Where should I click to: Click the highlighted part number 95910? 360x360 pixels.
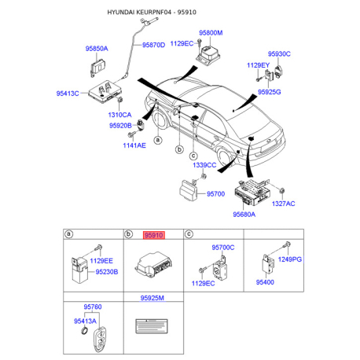[154, 235]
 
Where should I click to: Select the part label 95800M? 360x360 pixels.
[211, 33]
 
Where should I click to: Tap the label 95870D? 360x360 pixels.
[153, 45]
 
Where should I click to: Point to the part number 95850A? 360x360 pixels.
[97, 49]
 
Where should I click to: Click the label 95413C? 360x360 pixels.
[68, 94]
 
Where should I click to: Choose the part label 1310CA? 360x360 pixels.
[119, 115]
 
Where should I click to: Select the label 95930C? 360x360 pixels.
[279, 53]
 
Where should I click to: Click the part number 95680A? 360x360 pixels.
[244, 215]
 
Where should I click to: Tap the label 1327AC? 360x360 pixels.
[283, 204]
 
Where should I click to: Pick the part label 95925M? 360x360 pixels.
[152, 298]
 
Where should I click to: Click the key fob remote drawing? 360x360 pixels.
[100, 340]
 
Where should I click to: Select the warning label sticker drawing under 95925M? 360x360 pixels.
[152, 326]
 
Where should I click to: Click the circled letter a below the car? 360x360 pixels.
[157, 140]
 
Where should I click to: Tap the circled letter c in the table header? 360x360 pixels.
[189, 234]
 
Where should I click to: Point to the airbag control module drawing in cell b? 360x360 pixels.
[153, 264]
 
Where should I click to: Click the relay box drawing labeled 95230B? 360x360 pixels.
[80, 270]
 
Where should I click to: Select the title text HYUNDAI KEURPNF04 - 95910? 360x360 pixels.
[152, 12]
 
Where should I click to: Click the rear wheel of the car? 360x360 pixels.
[225, 158]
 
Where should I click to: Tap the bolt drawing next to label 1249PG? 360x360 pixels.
[287, 245]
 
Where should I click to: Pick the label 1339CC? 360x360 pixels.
[204, 165]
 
